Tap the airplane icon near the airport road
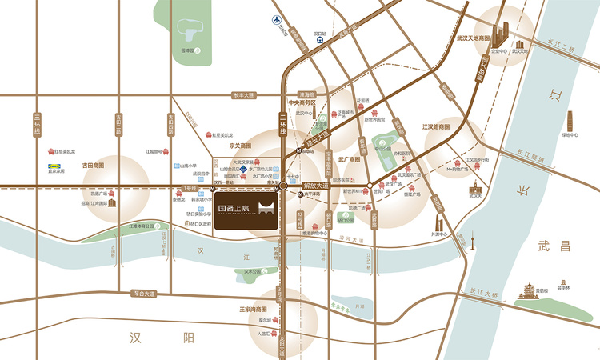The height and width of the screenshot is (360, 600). pos(277,19)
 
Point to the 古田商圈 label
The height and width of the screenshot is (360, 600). pos(94,165)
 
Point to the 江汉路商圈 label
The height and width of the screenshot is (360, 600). pos(435,126)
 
